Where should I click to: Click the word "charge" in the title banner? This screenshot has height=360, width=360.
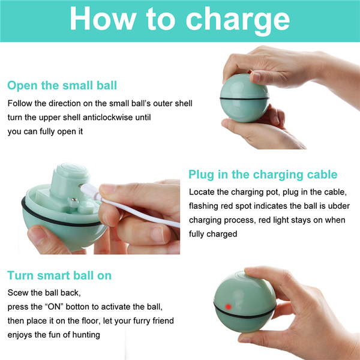238,20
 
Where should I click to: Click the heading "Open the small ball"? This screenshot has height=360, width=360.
62,85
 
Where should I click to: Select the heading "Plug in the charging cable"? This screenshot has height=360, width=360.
263,175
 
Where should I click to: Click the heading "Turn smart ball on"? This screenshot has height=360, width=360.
59,275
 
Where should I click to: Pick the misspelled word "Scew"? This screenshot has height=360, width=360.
18,293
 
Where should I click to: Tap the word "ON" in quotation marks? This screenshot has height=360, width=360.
54,307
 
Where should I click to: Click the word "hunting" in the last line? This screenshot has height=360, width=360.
86,335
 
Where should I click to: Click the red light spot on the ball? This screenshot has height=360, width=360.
228,307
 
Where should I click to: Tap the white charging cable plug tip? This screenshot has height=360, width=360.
82,187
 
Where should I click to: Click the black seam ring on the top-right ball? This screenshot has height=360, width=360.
245,98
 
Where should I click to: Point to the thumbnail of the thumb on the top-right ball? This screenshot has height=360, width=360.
256,77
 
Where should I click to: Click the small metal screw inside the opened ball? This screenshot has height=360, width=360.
74,200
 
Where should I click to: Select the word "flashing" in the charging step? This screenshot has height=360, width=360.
203,206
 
